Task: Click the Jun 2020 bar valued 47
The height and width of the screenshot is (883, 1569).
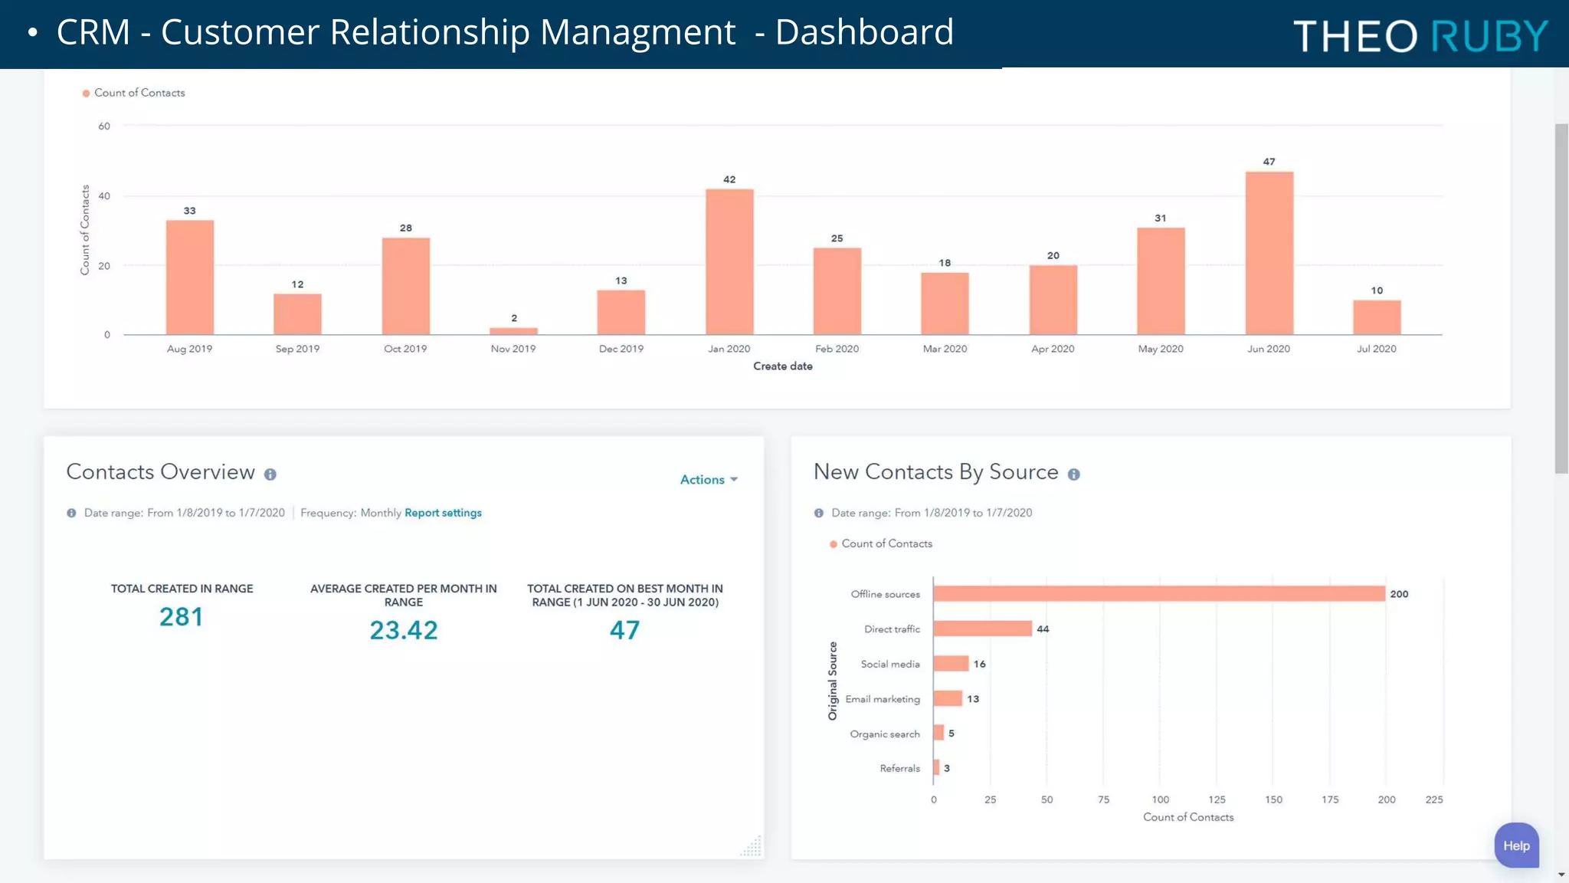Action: (x=1269, y=253)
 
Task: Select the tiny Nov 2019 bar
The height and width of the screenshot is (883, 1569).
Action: (x=513, y=331)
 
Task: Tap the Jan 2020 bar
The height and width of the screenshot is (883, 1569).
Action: (x=729, y=261)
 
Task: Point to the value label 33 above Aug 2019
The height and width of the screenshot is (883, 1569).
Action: (x=189, y=211)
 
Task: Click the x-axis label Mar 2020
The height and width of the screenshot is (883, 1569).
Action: (x=945, y=349)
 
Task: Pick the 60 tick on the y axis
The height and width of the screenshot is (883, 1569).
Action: (x=104, y=126)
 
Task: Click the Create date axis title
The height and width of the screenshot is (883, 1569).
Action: (x=782, y=366)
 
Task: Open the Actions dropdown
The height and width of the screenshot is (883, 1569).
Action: (x=709, y=480)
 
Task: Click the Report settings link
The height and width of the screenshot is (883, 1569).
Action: (x=443, y=513)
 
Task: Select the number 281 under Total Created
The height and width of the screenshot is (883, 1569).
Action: (x=182, y=617)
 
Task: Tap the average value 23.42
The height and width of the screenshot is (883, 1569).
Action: (x=404, y=630)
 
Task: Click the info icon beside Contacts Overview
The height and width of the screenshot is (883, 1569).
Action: (x=270, y=474)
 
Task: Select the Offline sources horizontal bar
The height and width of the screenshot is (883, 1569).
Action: (x=1158, y=594)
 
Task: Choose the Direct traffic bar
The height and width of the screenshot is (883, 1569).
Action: (x=982, y=629)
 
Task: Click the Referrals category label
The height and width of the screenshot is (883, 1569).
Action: (x=899, y=768)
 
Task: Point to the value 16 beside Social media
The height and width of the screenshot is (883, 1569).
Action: (x=979, y=664)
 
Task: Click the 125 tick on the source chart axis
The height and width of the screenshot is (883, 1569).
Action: (x=1217, y=799)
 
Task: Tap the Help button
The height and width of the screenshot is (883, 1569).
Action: (x=1516, y=845)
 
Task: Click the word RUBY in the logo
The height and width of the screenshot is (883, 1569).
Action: (x=1489, y=36)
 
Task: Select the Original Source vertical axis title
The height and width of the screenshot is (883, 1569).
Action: (x=833, y=681)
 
